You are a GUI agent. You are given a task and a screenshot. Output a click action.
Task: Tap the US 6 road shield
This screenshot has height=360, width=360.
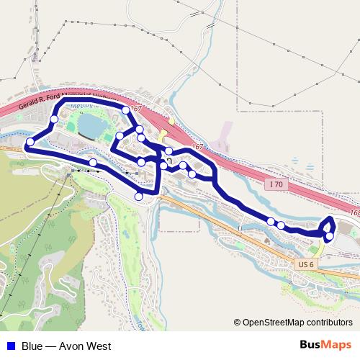tap(306, 264)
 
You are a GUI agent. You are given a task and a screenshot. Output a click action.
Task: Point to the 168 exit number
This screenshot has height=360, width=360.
tap(354, 213)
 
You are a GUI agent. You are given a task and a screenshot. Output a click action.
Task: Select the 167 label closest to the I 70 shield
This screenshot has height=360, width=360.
tap(198, 146)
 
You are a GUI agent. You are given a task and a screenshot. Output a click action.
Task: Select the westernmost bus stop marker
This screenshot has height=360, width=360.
tap(30, 145)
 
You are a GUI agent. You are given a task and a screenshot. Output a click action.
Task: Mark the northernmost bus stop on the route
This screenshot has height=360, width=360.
tap(126, 109)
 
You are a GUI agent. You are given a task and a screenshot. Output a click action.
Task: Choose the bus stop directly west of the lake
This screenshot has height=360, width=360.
tap(54, 119)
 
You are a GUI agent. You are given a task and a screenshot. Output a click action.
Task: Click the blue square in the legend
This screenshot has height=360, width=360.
tap(11, 346)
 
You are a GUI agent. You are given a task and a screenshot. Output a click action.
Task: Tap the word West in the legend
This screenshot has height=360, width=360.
tap(95, 346)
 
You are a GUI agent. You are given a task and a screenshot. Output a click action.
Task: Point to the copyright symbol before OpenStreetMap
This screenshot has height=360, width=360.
tap(238, 323)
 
